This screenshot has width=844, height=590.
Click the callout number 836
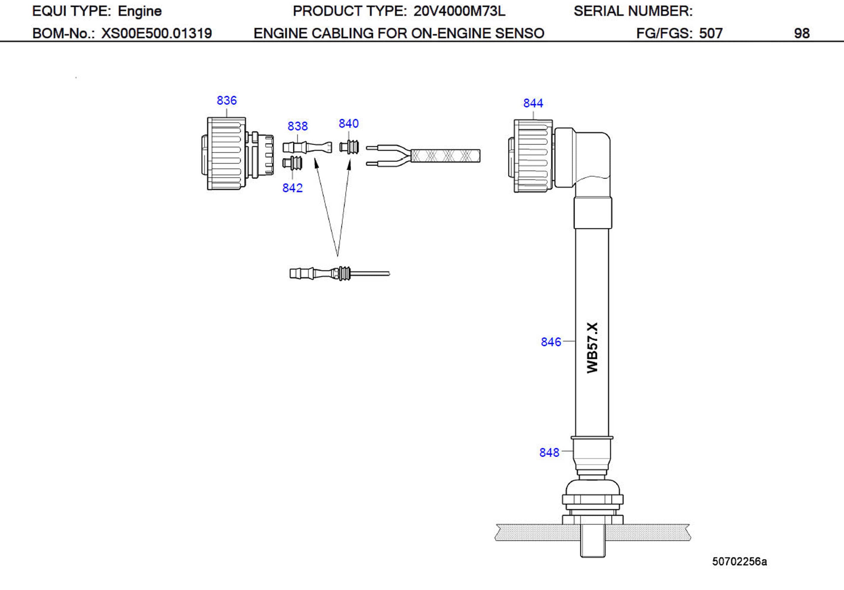(x=227, y=100)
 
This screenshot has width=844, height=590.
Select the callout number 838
(x=297, y=126)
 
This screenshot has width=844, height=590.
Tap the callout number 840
(x=348, y=124)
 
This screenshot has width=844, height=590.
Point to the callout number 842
(x=292, y=188)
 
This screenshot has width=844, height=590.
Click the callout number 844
(x=533, y=103)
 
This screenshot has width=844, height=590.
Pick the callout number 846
(x=551, y=342)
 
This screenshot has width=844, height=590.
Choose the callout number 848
(x=549, y=452)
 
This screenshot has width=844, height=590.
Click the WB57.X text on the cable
(x=592, y=348)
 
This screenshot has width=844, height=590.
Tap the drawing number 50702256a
(x=739, y=561)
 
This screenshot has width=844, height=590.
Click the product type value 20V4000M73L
(x=459, y=11)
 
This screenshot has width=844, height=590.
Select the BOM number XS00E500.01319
(x=157, y=34)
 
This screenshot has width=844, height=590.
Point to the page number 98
(x=801, y=34)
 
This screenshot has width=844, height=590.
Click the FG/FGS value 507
(x=711, y=34)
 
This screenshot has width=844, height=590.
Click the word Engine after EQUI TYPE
(x=140, y=11)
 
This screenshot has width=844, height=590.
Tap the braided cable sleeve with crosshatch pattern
(x=445, y=156)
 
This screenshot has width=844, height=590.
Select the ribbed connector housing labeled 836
(x=226, y=153)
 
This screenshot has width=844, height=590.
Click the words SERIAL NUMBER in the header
(x=633, y=11)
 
